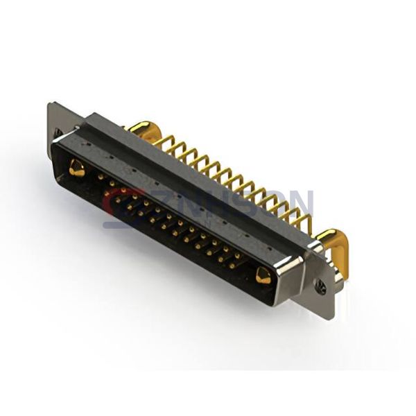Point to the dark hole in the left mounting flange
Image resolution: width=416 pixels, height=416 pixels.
(58, 132)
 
